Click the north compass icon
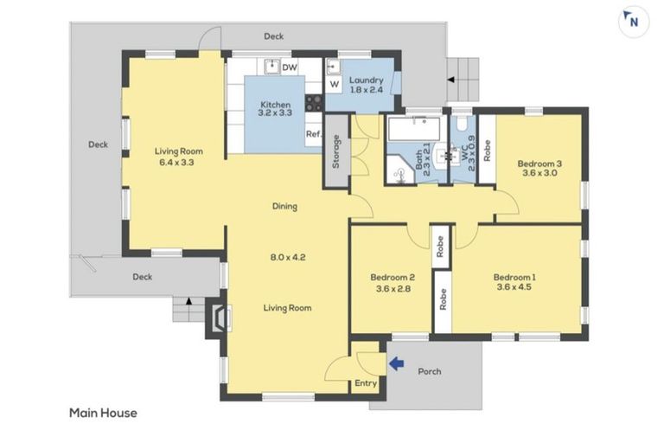pos(634,22)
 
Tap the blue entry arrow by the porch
pos(396,363)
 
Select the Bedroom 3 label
pos(539,164)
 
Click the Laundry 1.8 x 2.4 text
pos(367,85)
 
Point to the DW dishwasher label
pos(290,67)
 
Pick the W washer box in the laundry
pos(335,84)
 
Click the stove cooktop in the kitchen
pos(314,103)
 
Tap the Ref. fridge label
pos(314,134)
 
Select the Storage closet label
pos(336,151)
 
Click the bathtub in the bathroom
pos(414,128)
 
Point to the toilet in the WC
pos(461,123)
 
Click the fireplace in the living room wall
pos(218,318)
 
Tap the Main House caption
pos(103,413)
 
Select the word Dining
pos(284,207)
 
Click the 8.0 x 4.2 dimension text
pos(288,257)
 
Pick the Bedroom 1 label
pos(514,277)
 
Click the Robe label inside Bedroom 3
pos(487,151)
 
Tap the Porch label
pos(430,371)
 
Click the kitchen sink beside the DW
pos(271,67)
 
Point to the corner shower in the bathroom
pos(399,170)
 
